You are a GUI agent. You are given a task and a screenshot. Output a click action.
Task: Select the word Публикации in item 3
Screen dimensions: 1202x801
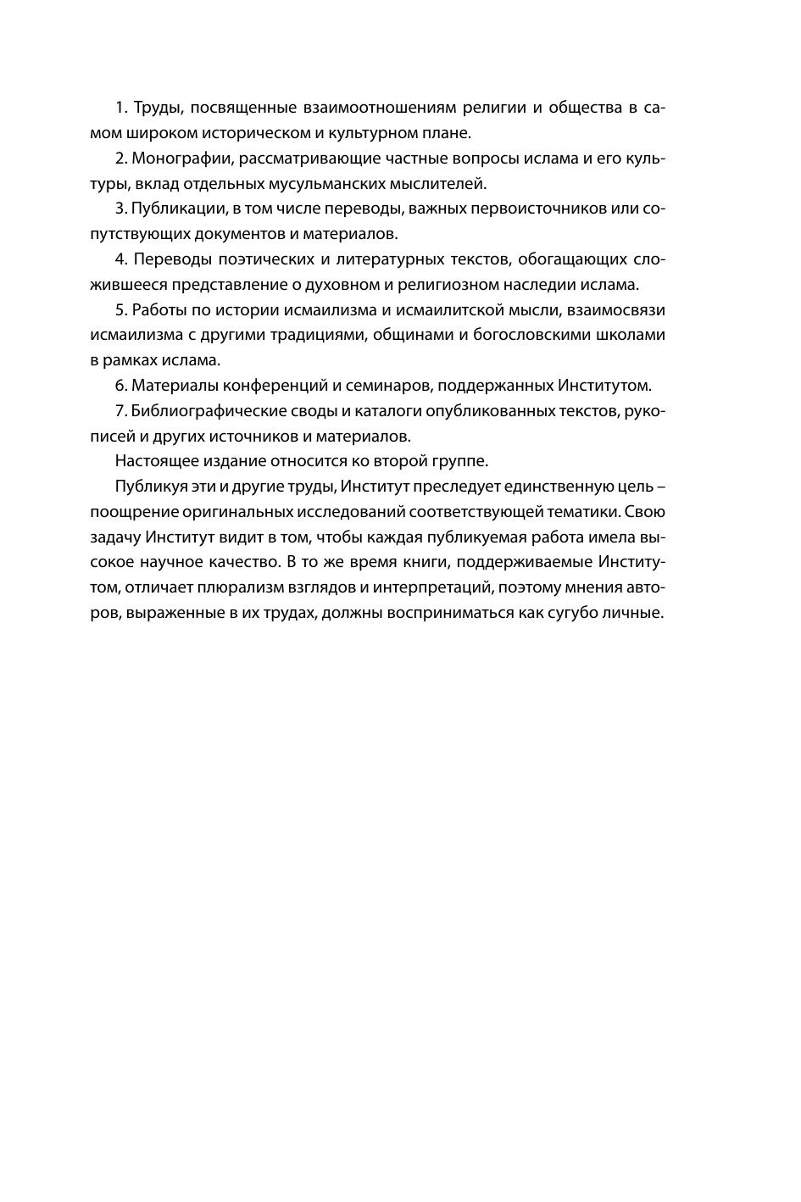pyautogui.click(x=176, y=209)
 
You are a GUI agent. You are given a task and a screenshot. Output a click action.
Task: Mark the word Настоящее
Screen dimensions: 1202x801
pyautogui.click(x=154, y=461)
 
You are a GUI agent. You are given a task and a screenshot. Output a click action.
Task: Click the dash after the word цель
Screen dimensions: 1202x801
pyautogui.click(x=660, y=487)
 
